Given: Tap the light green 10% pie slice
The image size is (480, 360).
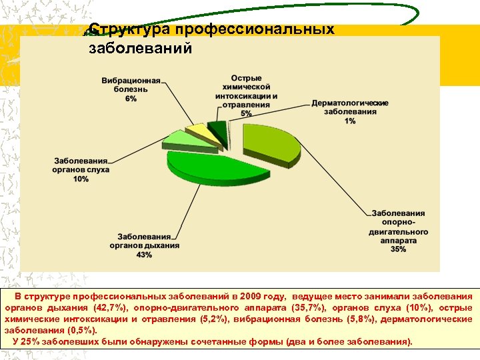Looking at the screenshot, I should point(177,138).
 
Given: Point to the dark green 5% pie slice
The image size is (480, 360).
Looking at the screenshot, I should point(217,127).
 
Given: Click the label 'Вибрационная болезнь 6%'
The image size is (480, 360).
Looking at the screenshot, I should point(131,89).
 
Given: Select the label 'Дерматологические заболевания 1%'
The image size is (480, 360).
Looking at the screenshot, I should point(350,112).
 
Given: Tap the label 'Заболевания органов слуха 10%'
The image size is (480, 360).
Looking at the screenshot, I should point(81,170).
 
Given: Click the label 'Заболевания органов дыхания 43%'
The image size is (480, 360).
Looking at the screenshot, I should point(148,245).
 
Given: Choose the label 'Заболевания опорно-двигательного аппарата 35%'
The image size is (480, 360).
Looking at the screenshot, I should point(399,231).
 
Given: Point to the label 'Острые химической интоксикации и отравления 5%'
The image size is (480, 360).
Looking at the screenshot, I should point(247,95).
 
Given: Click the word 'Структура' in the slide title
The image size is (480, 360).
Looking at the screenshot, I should point(129,30).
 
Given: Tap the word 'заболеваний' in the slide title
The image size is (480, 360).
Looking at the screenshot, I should point(140,48).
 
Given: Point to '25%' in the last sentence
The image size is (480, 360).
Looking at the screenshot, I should point(31,341).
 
